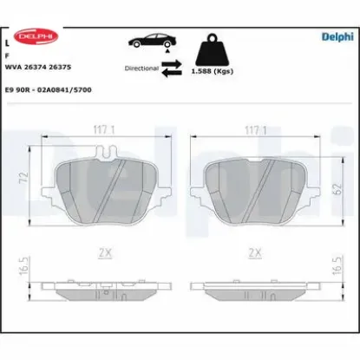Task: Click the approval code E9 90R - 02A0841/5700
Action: pos(49,89)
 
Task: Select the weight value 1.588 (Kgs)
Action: pos(212,73)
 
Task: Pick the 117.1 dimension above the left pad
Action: pos(105,133)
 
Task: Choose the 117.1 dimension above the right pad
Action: pos(253,133)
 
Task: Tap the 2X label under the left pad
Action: pos(105,252)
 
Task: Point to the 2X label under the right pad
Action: pos(254,252)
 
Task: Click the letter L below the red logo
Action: pos(8,41)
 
